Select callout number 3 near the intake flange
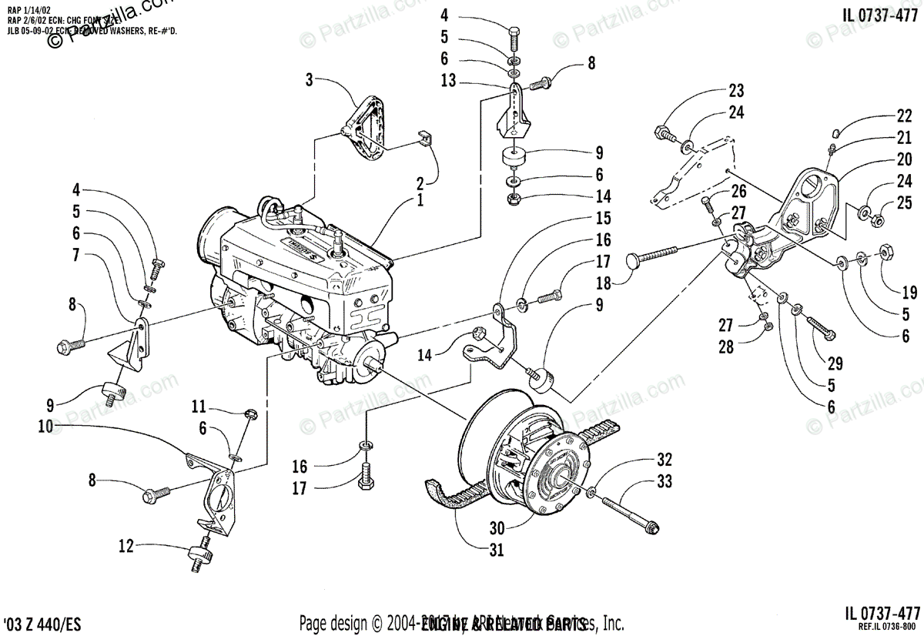(309, 79)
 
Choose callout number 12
(126, 547)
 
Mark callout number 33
(664, 482)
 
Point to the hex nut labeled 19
(886, 251)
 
